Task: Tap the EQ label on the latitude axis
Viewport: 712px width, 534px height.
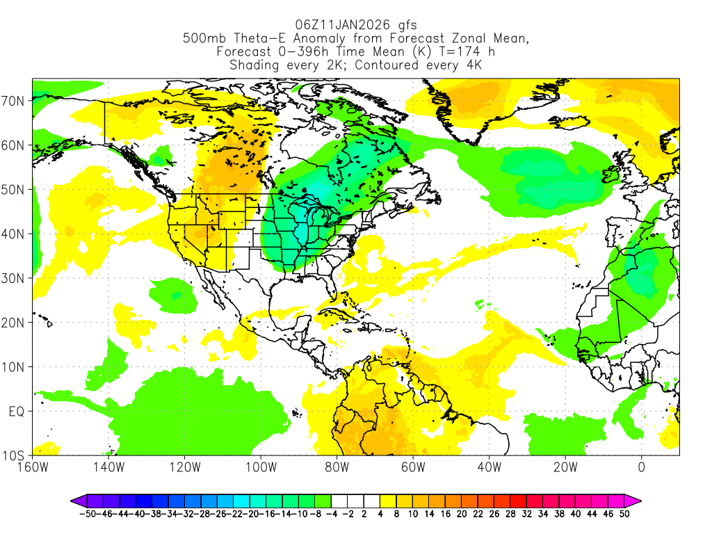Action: point(17,411)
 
